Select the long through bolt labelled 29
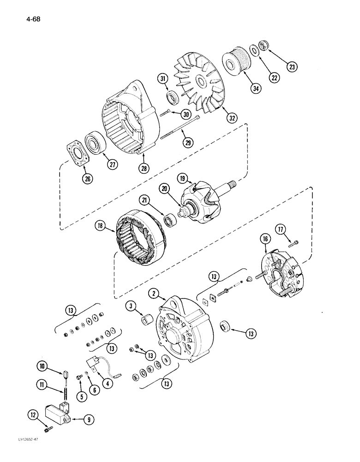pyautogui.click(x=180, y=127)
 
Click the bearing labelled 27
pyautogui.click(x=96, y=143)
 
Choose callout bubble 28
pyautogui.click(x=145, y=169)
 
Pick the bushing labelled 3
pyautogui.click(x=146, y=320)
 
